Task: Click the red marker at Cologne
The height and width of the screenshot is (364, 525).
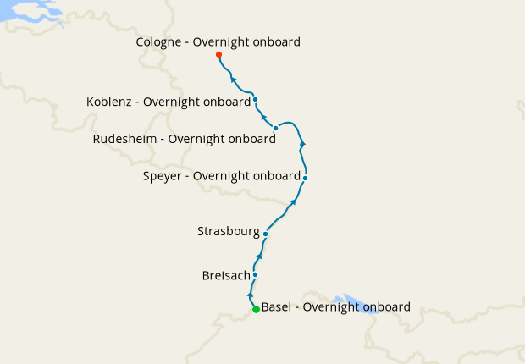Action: (x=219, y=55)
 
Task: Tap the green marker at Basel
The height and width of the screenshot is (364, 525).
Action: (x=256, y=310)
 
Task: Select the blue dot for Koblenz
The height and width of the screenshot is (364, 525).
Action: (x=255, y=100)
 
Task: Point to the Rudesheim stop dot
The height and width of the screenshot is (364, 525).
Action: (x=276, y=128)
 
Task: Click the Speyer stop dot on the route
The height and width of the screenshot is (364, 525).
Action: (x=305, y=178)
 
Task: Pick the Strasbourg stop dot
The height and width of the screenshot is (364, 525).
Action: (x=266, y=234)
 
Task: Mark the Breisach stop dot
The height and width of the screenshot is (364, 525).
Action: (x=255, y=275)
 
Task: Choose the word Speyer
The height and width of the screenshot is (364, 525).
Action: (x=163, y=176)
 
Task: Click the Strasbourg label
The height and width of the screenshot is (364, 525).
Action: (x=228, y=230)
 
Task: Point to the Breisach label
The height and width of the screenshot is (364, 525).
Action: (x=226, y=276)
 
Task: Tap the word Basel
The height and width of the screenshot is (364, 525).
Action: (x=277, y=306)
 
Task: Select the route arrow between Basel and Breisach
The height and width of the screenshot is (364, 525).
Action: (x=251, y=295)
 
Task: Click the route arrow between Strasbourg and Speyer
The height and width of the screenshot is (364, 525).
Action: (x=293, y=201)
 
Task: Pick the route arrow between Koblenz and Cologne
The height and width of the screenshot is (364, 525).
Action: (x=234, y=80)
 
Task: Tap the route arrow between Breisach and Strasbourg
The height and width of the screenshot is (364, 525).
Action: (x=259, y=256)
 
